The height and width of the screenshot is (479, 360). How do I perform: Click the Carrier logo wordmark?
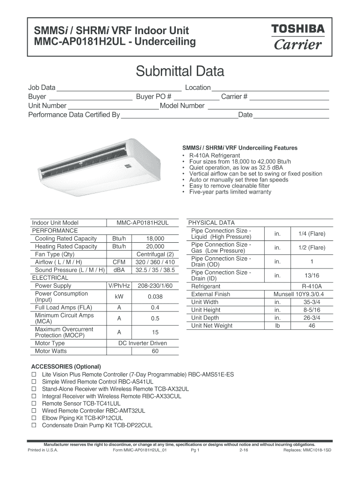[x=298, y=44]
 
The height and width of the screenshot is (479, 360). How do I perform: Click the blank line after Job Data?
[x=119, y=88]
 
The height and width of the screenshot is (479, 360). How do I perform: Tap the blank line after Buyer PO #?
[x=196, y=97]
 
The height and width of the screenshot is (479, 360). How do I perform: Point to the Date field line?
[x=291, y=115]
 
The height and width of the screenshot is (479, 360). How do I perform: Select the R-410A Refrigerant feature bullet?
[x=214, y=155]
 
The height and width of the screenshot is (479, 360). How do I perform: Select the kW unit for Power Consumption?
[x=119, y=297]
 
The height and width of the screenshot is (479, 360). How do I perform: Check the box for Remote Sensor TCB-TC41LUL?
[x=34, y=403]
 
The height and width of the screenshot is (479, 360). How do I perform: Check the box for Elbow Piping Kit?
[x=34, y=418]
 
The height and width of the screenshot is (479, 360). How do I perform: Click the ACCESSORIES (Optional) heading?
[x=66, y=366]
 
